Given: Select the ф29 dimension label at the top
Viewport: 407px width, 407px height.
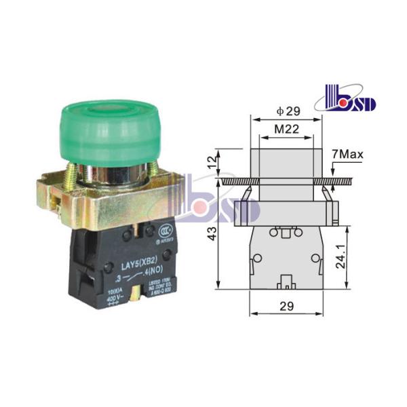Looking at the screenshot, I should [284, 111].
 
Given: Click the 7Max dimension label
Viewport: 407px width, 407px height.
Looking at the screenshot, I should [347, 154].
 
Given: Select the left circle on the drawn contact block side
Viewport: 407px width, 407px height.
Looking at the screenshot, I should [257, 258].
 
